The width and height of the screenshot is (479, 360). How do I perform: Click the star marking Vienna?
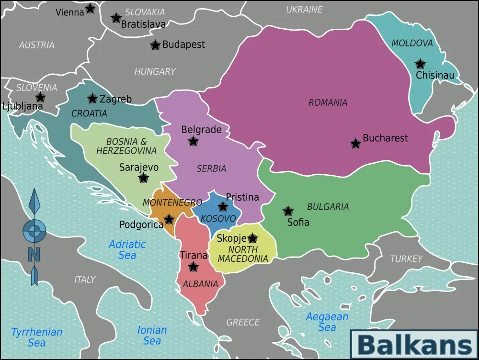tap(90, 8)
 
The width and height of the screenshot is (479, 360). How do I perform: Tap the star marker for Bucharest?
tap(355, 144)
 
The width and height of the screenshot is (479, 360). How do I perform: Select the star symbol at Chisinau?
tap(420, 64)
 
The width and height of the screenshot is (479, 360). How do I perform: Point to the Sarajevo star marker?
tap(143, 178)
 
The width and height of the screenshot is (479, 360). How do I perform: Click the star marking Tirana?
tap(193, 267)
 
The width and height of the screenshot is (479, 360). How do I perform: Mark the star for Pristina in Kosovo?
tap(223, 207)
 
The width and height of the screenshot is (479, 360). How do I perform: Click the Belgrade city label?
tap(201, 130)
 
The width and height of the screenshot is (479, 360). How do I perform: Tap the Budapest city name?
tap(183, 45)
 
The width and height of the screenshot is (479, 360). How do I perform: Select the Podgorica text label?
tap(141, 225)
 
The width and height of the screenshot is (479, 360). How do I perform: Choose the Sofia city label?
tap(298, 222)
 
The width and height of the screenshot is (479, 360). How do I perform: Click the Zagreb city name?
tap(115, 99)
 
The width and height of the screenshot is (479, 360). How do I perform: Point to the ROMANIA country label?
tap(328, 102)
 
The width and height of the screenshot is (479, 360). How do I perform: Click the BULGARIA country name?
tap(328, 207)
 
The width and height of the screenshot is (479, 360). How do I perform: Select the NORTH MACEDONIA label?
tap(243, 254)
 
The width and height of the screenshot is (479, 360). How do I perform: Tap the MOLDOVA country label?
tap(412, 43)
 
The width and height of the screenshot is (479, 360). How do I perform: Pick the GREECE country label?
tap(243, 322)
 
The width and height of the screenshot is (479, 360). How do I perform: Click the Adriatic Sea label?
tap(127, 249)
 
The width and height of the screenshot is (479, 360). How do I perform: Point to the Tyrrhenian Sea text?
tap(37, 337)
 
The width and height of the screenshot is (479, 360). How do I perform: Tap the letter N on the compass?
tap(34, 254)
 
